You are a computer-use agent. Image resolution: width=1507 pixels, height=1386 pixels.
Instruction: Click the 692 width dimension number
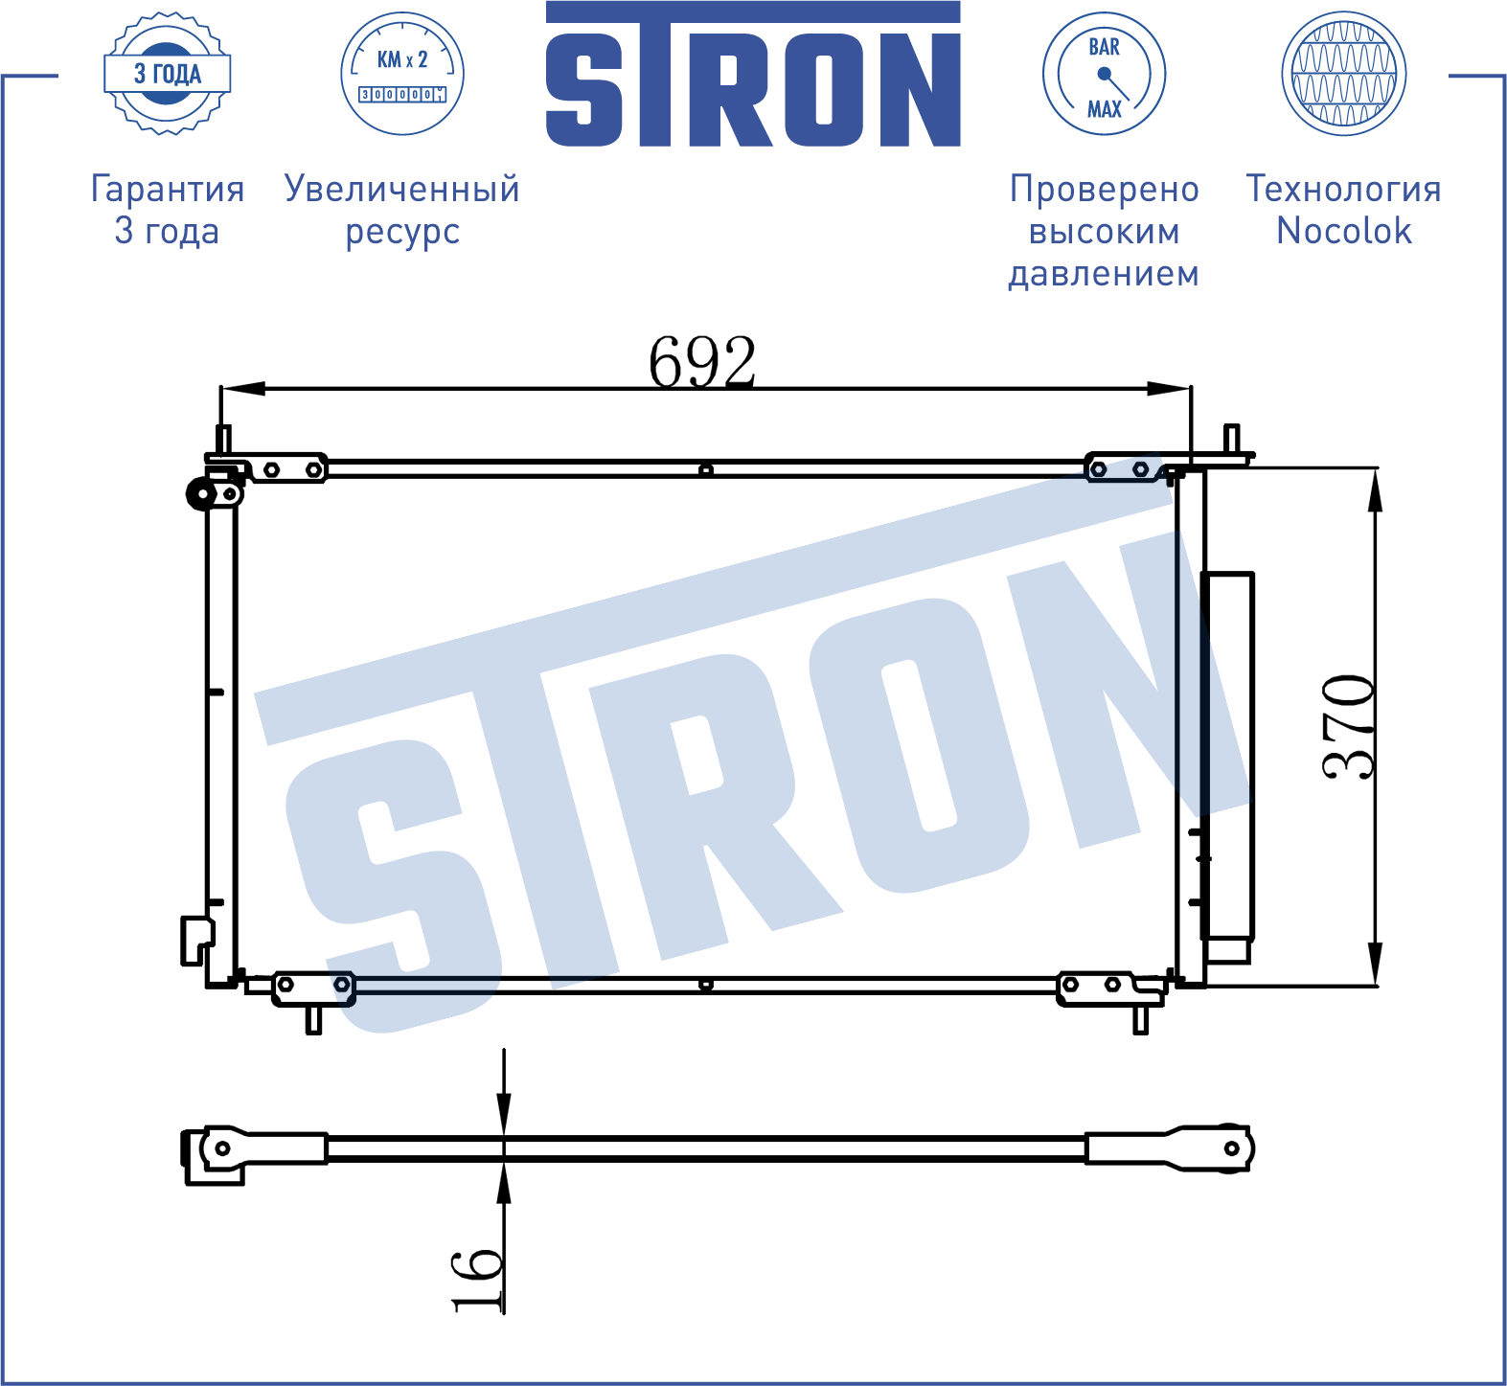(702, 361)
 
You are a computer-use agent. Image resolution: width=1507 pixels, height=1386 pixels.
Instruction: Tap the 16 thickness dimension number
(476, 1280)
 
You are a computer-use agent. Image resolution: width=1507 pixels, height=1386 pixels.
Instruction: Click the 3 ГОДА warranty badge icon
(168, 74)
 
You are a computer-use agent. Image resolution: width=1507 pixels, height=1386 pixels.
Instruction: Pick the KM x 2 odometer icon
(402, 74)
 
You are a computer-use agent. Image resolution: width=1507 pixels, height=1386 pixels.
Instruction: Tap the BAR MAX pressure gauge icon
(1104, 74)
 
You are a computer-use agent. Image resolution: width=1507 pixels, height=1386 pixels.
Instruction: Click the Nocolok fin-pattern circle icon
(1343, 74)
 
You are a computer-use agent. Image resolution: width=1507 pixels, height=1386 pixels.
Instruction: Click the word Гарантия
(168, 189)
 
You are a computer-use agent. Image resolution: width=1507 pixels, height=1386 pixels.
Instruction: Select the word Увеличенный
(402, 189)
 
